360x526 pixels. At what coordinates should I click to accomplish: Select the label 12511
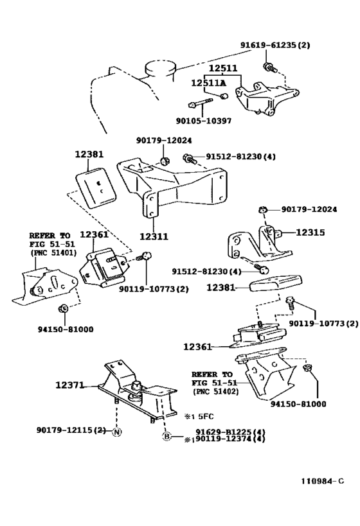point(222,67)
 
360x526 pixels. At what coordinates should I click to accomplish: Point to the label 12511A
point(208,82)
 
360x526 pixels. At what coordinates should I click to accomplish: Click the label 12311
point(154,236)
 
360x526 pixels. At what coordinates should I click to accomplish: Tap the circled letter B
point(166,436)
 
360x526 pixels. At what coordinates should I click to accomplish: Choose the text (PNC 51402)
point(214,391)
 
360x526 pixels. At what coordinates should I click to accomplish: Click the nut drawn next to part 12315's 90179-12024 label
point(263,209)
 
